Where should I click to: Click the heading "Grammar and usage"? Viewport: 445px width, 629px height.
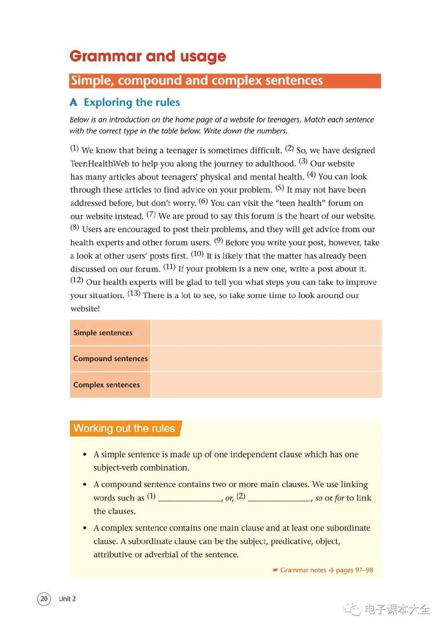(x=148, y=56)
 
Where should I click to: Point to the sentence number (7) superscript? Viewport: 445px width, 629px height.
(x=151, y=214)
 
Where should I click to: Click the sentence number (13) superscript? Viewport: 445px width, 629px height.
(x=133, y=293)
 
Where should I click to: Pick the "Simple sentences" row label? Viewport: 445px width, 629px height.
(x=103, y=333)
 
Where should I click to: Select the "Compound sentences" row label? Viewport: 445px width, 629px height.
(x=110, y=359)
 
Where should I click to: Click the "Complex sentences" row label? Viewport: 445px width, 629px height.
(x=106, y=385)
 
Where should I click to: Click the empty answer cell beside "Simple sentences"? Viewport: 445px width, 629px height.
(x=266, y=333)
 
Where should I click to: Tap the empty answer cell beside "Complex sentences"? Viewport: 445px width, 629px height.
(x=266, y=385)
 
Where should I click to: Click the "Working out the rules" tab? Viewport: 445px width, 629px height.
(x=124, y=428)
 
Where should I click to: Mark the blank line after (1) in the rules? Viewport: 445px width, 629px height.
(x=190, y=499)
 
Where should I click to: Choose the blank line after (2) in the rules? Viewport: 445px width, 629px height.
(x=279, y=499)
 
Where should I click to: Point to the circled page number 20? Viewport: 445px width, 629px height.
(x=44, y=598)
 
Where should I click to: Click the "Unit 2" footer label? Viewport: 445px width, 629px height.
(x=67, y=598)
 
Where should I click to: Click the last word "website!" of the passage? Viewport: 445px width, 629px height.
(x=85, y=308)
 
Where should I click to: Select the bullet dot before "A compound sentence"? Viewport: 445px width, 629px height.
(x=85, y=485)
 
